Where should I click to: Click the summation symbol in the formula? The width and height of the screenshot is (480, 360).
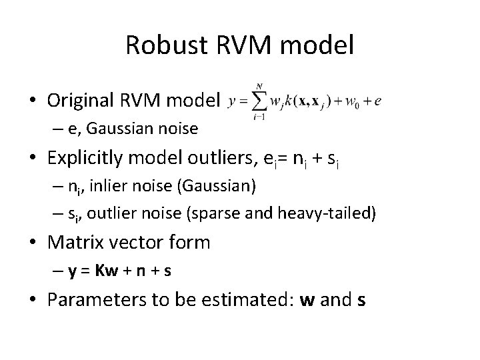click(x=259, y=101)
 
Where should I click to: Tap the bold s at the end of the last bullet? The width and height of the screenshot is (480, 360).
click(x=361, y=301)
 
